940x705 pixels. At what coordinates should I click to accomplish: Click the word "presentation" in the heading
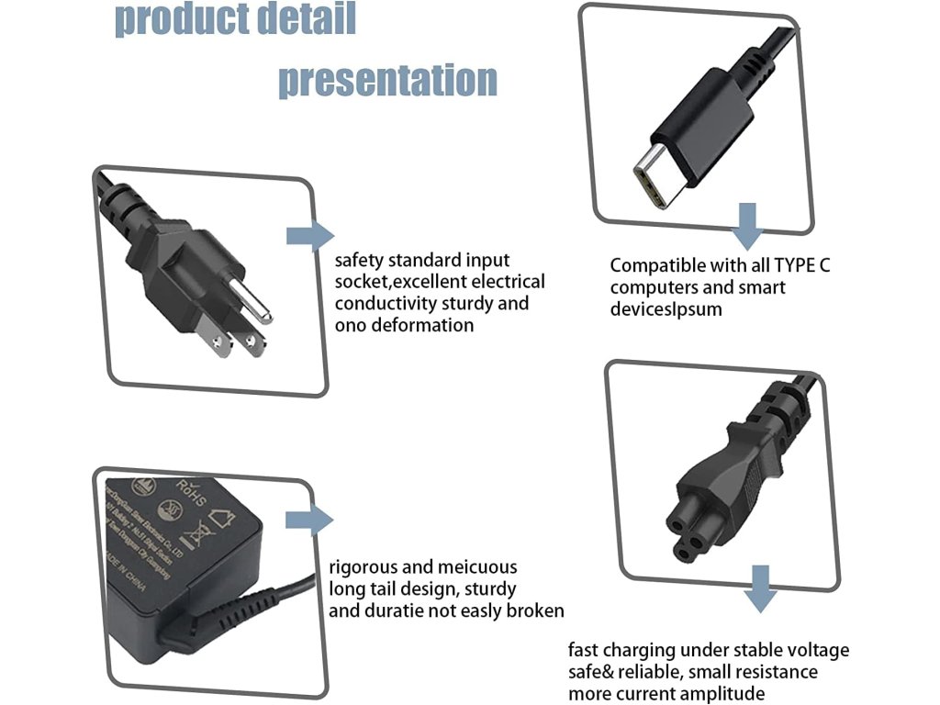(387, 80)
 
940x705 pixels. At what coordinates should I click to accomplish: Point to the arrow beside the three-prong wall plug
(309, 236)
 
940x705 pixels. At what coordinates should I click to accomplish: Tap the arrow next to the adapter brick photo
(308, 520)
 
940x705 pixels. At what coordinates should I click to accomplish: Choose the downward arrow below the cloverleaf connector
(759, 589)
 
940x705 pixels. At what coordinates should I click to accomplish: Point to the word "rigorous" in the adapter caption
(364, 567)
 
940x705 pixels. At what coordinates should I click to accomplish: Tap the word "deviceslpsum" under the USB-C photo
(666, 309)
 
